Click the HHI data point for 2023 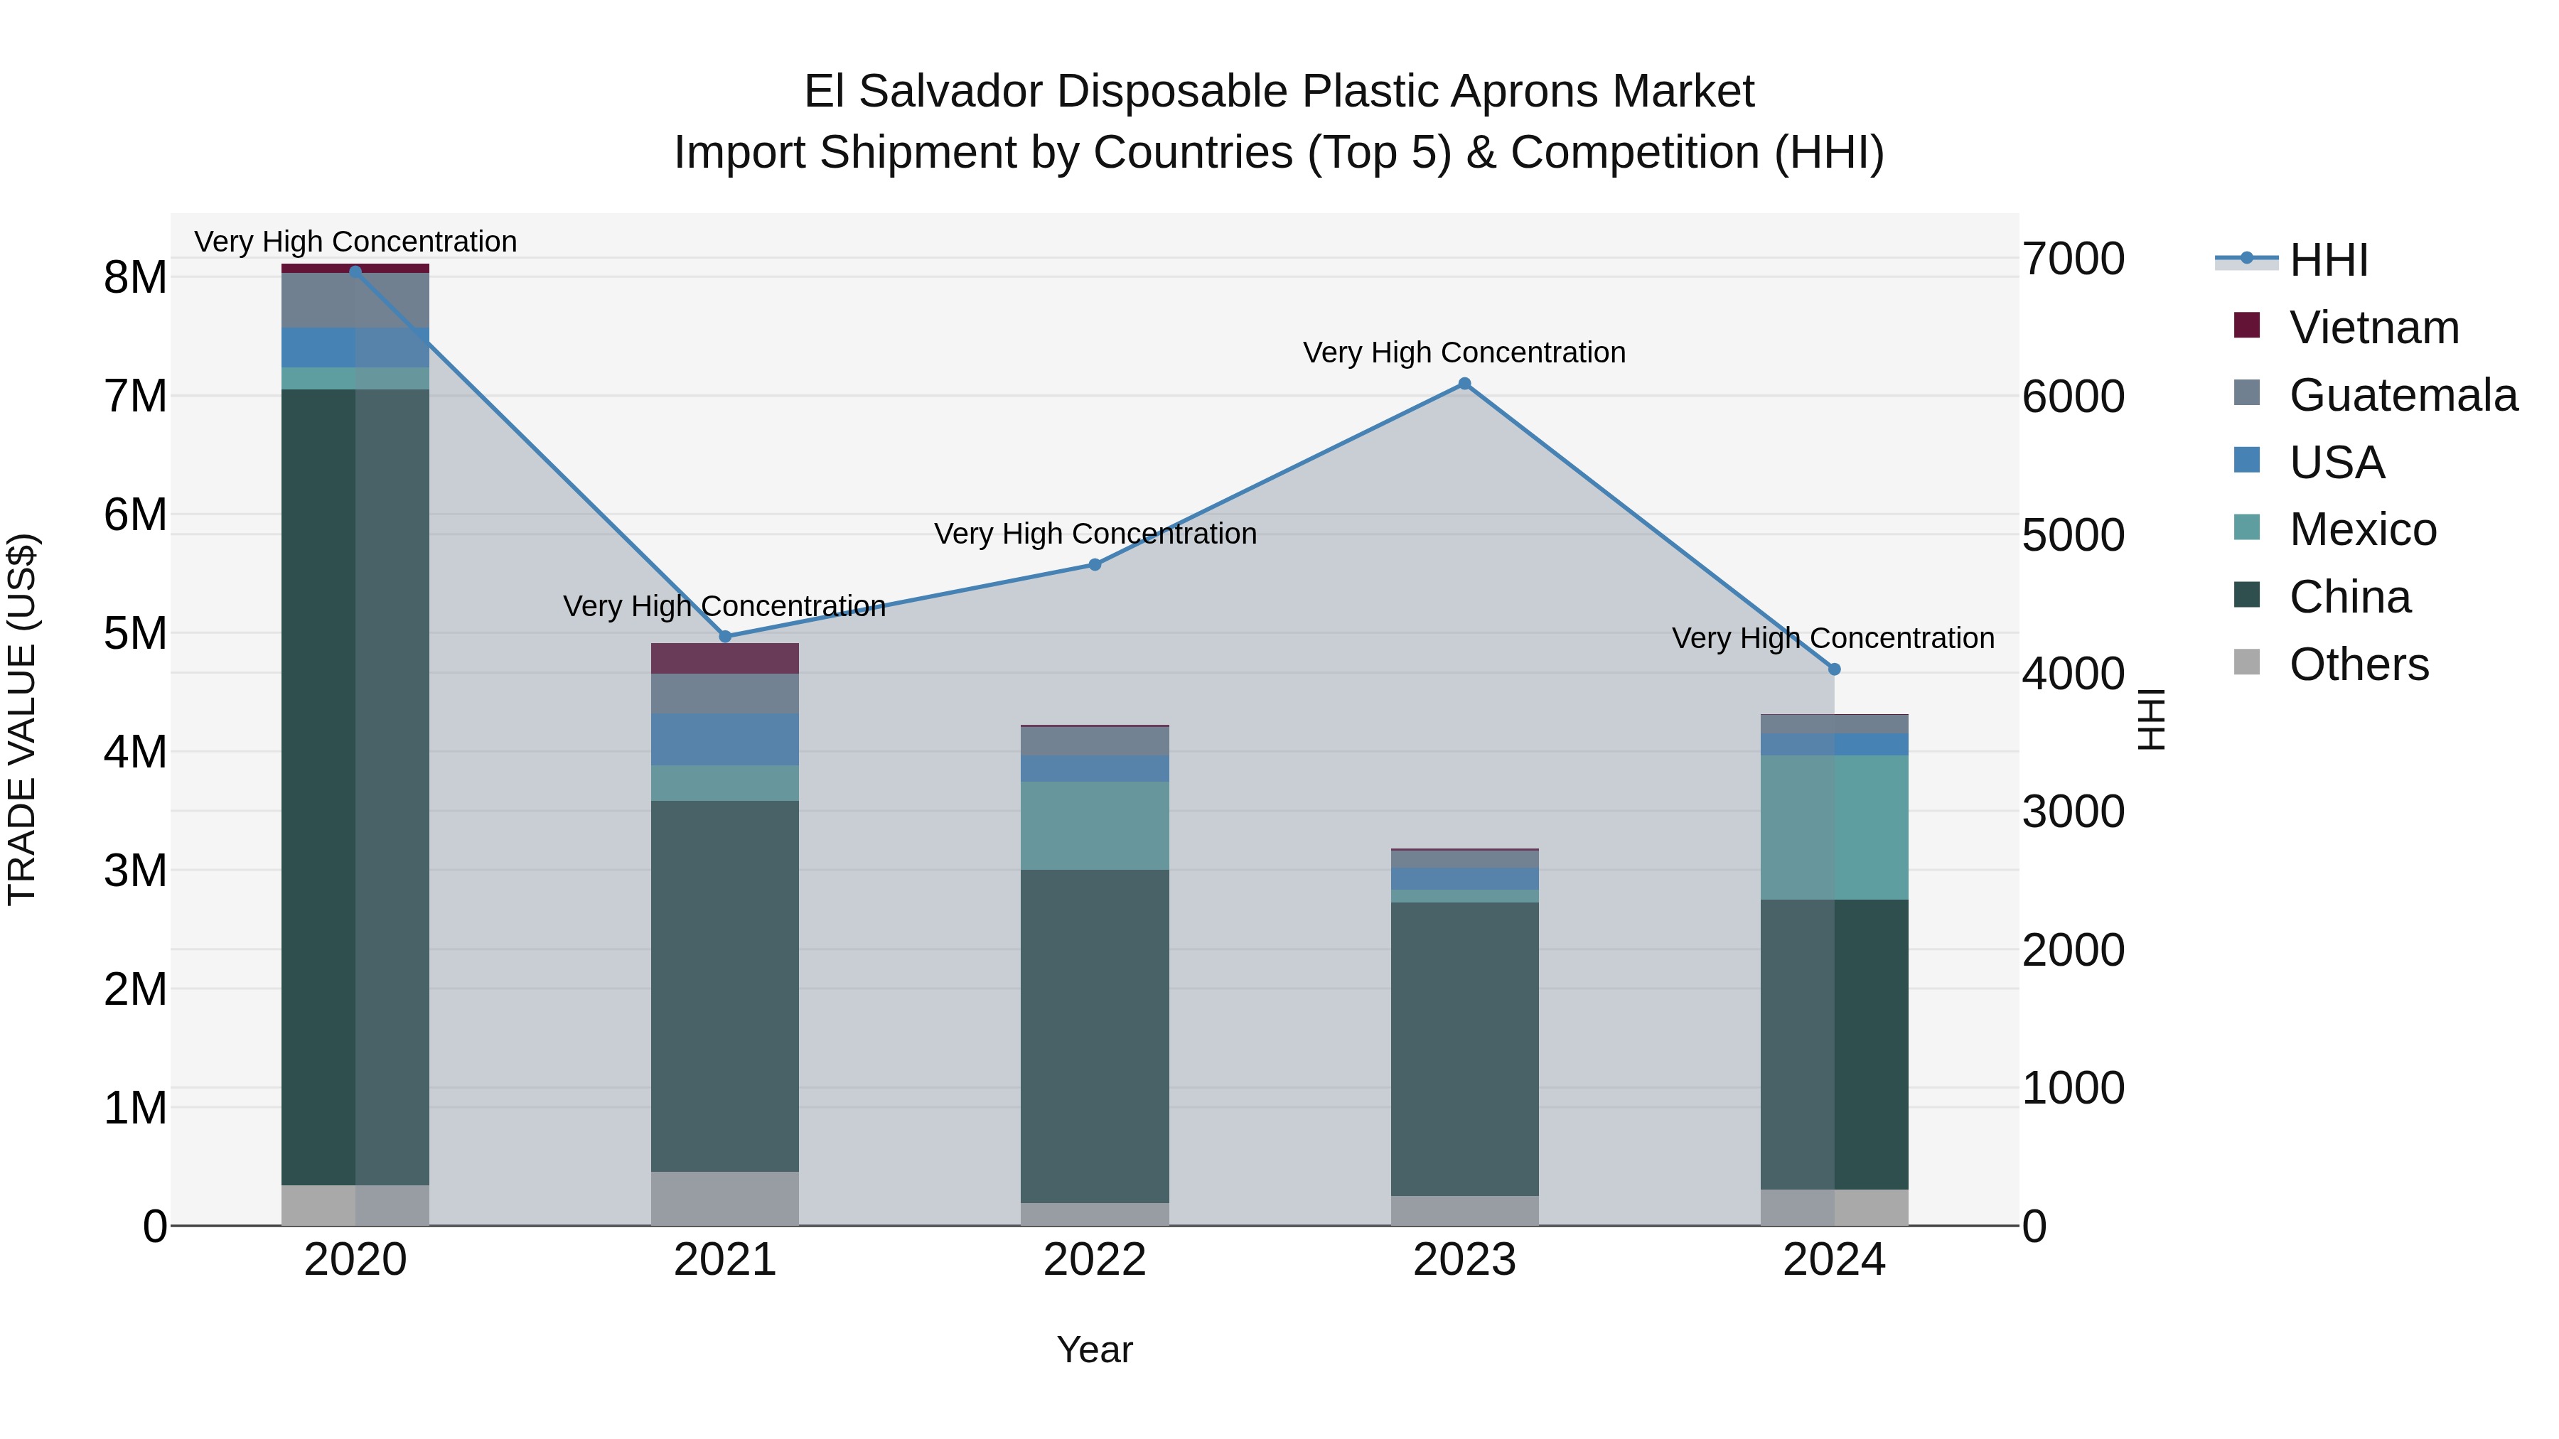coord(1464,383)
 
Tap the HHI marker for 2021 coord(725,637)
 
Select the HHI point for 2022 coord(1095,564)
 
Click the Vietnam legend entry coord(2373,328)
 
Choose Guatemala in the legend coord(2402,395)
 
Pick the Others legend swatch coord(2247,662)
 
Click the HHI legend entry coord(2327,260)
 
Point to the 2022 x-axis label coord(1095,1260)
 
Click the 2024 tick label coord(1834,1260)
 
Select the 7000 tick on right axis coord(2074,259)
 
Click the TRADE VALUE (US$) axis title coord(22,719)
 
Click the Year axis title coord(1095,1349)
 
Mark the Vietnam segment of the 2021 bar coord(725,659)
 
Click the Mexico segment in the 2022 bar coord(1095,825)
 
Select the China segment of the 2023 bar coord(1464,1047)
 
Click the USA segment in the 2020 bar coord(355,347)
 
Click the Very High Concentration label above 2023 coord(1464,352)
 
